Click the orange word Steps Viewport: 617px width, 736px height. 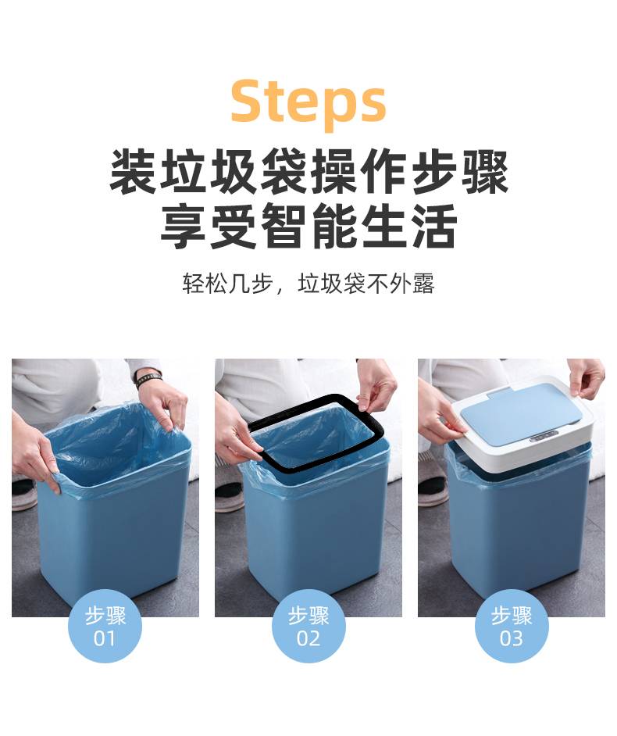[x=308, y=102]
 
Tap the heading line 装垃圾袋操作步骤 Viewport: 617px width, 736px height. [x=308, y=171]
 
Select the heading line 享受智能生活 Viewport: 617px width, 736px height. [x=308, y=225]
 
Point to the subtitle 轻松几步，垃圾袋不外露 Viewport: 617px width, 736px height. [x=308, y=283]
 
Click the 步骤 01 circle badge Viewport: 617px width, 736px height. [x=105, y=626]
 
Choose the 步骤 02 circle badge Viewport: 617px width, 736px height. [x=308, y=626]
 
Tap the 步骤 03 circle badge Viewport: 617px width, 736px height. [x=512, y=626]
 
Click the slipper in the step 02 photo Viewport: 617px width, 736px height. [x=229, y=492]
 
